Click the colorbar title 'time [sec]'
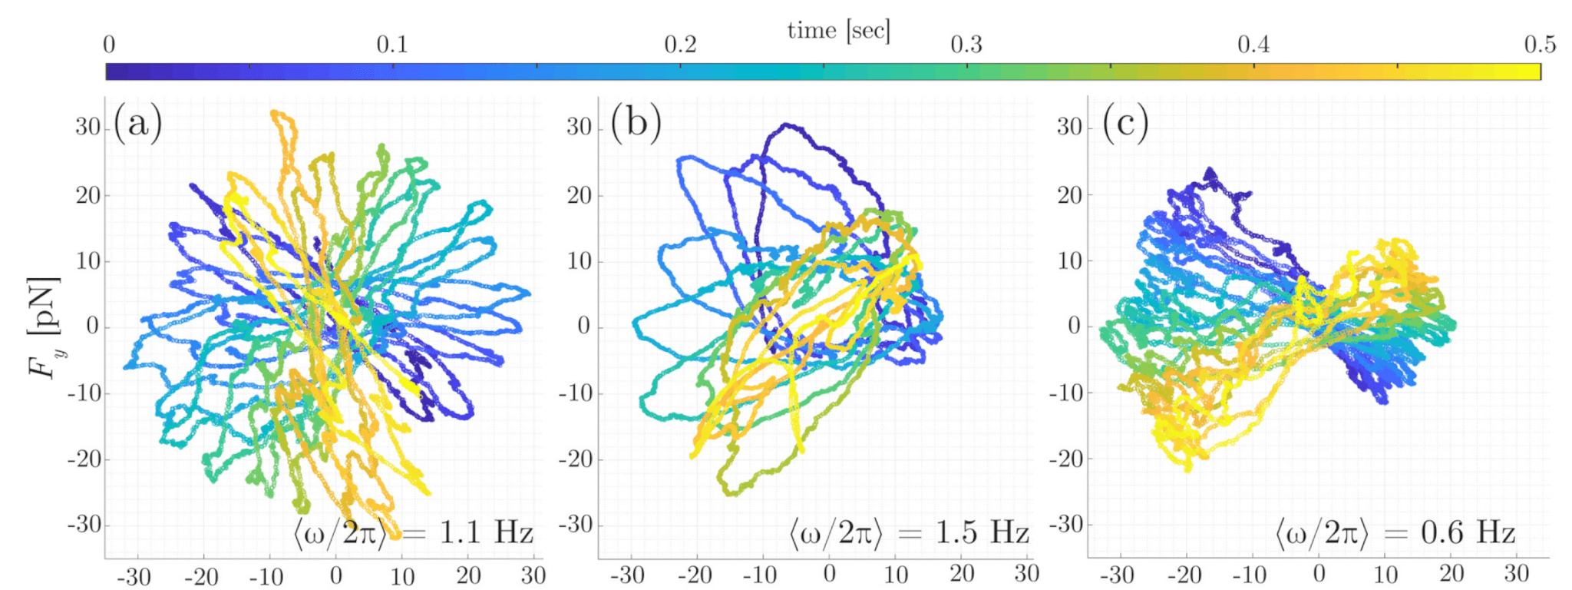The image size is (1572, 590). tap(838, 31)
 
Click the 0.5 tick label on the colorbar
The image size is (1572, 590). tap(1540, 45)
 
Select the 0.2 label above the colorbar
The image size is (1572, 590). tap(680, 45)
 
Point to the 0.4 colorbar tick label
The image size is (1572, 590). tap(1253, 45)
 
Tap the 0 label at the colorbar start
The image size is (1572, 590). tap(109, 45)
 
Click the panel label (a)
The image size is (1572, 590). tap(138, 122)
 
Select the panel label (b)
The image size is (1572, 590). tap(636, 122)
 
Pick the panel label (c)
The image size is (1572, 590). tap(1125, 122)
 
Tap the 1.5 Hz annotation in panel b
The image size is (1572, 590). tap(909, 532)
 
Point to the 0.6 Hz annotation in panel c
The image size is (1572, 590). tap(1395, 532)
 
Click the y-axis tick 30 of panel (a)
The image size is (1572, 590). tap(88, 127)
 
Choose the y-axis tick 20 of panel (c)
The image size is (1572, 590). tap(1069, 194)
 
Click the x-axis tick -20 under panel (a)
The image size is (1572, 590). tap(200, 575)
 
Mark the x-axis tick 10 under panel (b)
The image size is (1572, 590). tap(896, 574)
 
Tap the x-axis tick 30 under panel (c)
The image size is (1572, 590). tap(1517, 574)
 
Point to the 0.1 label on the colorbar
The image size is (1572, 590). tap(392, 45)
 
